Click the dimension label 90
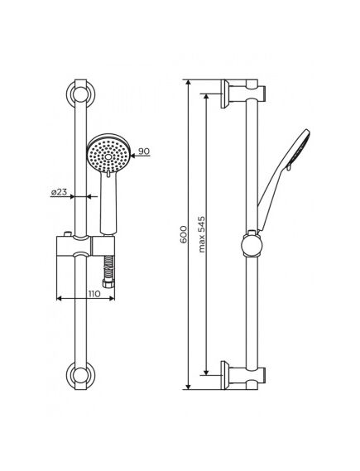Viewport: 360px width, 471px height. (144, 151)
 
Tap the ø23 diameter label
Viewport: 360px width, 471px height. (59, 192)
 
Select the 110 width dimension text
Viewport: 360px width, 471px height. (94, 294)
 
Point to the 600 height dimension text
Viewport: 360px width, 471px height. (183, 235)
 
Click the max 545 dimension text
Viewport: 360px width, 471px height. (202, 234)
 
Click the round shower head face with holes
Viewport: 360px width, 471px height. (108, 153)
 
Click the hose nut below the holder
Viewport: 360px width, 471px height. (108, 283)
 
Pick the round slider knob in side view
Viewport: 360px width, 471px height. (252, 244)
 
